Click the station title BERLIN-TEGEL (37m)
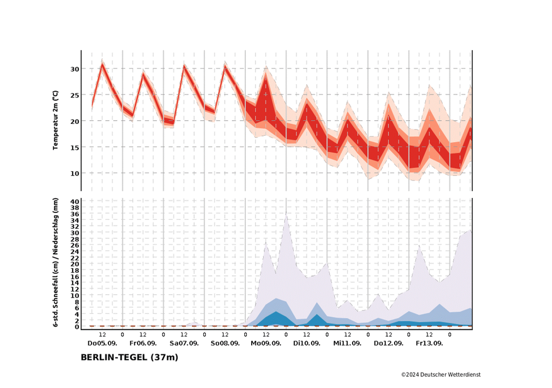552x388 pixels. (129, 357)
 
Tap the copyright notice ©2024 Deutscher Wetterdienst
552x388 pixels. (440, 375)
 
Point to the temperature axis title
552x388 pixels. (56, 120)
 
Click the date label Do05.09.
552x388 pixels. (102, 343)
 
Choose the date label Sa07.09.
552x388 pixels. (184, 343)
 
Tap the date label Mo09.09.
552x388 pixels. (266, 343)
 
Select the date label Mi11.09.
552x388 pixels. (347, 343)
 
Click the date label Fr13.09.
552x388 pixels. (429, 343)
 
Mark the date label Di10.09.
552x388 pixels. (307, 343)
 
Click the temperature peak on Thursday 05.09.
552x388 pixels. (102, 65)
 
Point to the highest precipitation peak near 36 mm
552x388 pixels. (286, 214)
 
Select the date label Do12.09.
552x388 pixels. (388, 343)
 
